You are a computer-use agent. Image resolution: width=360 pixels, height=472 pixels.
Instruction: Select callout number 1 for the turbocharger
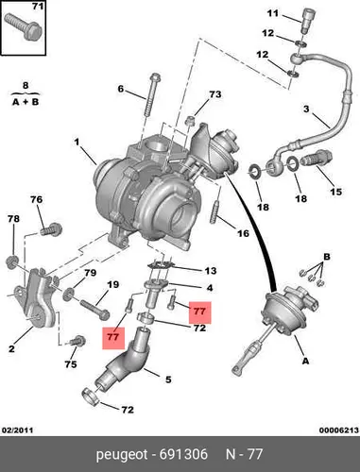(x=77, y=143)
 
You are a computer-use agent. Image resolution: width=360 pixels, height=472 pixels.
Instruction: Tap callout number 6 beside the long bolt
(x=121, y=89)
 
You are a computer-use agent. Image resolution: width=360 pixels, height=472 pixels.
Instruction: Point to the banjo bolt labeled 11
(x=306, y=21)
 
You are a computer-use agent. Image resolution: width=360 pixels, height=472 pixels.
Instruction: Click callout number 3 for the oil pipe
(x=306, y=110)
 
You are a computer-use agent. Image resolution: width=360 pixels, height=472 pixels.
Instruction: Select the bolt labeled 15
(x=316, y=158)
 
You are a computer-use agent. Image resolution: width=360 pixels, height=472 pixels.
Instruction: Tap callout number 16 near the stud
(x=243, y=233)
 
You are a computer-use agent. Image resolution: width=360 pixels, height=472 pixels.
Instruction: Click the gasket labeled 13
(x=162, y=264)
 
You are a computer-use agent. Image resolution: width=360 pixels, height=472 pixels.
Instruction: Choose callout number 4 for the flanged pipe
(x=210, y=288)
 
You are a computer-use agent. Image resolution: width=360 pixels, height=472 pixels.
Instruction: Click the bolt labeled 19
(x=94, y=309)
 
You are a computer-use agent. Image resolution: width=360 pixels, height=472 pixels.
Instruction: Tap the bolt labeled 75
(x=77, y=342)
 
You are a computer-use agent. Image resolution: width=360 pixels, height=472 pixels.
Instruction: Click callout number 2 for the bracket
(x=11, y=348)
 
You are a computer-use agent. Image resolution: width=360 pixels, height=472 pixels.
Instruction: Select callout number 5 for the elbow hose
(x=168, y=379)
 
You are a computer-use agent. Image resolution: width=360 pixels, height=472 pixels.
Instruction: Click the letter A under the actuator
(x=305, y=361)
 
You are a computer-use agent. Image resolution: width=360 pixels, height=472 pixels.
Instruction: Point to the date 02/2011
(x=18, y=430)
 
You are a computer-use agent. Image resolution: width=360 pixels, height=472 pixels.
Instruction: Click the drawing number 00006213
(x=339, y=430)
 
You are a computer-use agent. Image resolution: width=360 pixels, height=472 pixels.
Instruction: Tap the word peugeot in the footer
(x=122, y=455)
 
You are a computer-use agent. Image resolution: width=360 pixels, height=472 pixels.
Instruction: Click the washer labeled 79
(x=68, y=295)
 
